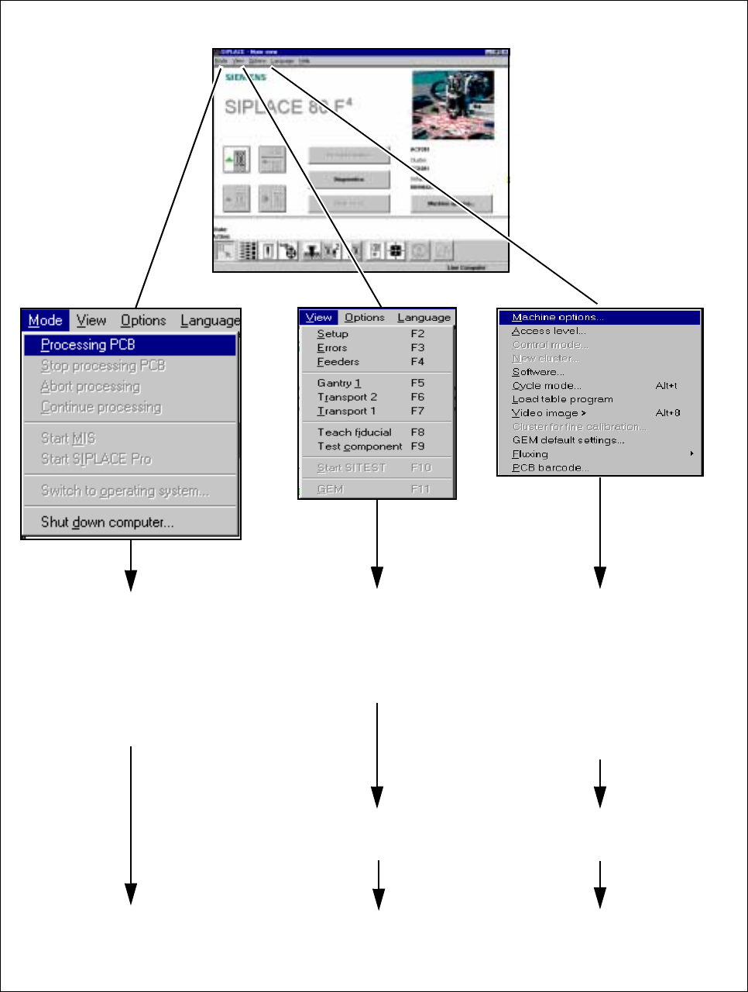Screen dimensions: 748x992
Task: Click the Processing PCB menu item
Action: point(88,345)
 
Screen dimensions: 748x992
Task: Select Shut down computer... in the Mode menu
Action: point(107,522)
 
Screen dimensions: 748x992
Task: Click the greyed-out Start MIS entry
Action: point(68,439)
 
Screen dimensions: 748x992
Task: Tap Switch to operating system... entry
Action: point(125,491)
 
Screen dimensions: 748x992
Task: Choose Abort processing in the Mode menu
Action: point(91,387)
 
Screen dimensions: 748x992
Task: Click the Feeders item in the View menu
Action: point(338,362)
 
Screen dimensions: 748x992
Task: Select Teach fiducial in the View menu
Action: point(355,432)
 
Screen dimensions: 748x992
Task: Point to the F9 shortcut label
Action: point(417,446)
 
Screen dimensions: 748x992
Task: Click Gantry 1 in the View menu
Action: point(339,383)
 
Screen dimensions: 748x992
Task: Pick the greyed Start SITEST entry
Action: point(352,468)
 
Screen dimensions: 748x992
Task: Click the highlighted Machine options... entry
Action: point(558,318)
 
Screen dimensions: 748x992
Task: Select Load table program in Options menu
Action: point(563,399)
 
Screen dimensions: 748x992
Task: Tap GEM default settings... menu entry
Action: point(568,440)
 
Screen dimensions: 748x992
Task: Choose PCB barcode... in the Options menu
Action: point(551,467)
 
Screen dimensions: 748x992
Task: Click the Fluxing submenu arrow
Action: point(691,453)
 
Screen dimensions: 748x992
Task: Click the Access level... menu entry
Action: point(549,331)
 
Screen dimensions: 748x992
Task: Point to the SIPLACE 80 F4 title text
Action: point(287,106)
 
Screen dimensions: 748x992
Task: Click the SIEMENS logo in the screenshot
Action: point(245,77)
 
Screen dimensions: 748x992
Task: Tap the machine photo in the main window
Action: point(453,104)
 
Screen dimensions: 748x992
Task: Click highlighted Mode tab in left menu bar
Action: point(45,321)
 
